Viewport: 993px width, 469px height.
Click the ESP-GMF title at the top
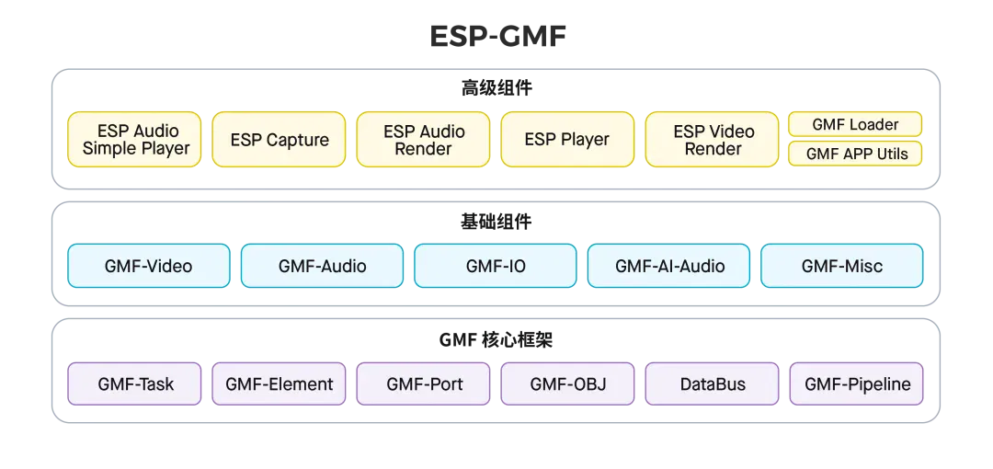(x=497, y=37)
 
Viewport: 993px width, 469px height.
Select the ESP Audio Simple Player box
(x=134, y=140)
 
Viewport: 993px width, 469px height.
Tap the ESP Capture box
(x=279, y=140)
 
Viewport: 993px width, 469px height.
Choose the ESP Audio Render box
(x=423, y=140)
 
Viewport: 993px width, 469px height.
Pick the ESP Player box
(x=567, y=140)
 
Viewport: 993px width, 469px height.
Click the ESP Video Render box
(x=712, y=140)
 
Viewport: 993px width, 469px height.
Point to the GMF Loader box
(x=855, y=124)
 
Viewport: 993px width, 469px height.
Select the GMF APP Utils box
(x=855, y=154)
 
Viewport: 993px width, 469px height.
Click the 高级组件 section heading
(x=496, y=88)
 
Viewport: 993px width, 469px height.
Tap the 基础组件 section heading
(x=496, y=222)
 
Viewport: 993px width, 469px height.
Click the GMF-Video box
(x=149, y=266)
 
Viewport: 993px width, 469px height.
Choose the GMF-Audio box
(x=323, y=266)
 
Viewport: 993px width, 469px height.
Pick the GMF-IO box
(x=496, y=266)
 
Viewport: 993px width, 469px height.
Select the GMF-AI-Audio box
(x=668, y=266)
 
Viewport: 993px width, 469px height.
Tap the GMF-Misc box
(x=841, y=266)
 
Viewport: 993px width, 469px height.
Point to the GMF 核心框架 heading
(x=496, y=339)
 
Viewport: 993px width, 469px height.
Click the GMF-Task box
(x=134, y=383)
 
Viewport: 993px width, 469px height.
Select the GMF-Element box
(x=279, y=383)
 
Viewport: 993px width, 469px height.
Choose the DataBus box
(x=712, y=383)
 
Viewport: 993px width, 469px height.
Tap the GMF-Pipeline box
(x=856, y=383)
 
